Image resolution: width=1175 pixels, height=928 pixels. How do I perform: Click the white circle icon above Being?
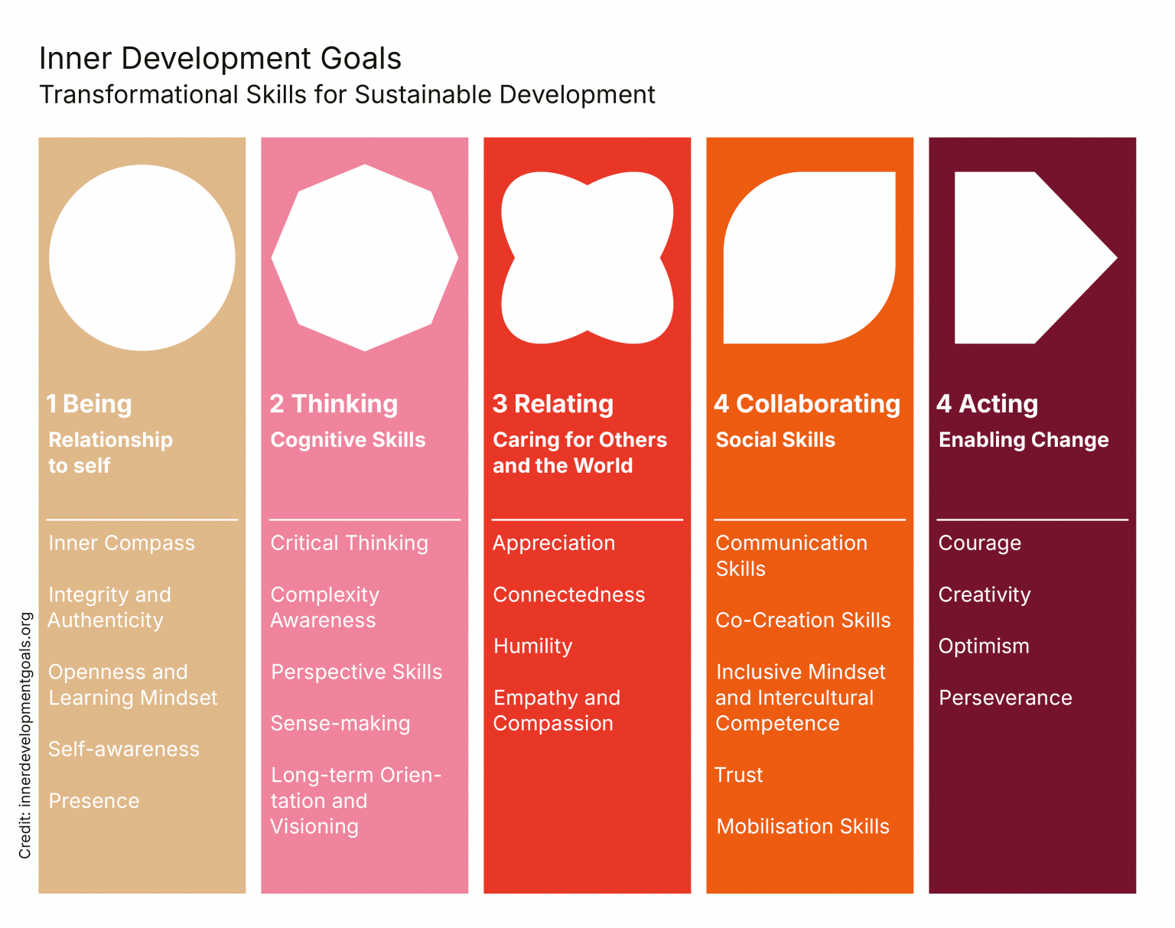[x=142, y=258]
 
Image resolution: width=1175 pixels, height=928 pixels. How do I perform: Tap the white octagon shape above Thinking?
[x=365, y=258]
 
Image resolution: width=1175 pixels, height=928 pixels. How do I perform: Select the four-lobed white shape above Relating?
[x=587, y=258]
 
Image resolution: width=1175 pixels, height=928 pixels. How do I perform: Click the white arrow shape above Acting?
[x=1025, y=258]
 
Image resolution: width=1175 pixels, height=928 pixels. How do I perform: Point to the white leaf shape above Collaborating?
[x=809, y=258]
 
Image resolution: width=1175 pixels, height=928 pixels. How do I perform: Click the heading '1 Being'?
[x=90, y=404]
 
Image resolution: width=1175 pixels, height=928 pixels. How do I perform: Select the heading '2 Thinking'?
[x=334, y=404]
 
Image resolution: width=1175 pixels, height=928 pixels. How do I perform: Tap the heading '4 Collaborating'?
[x=807, y=404]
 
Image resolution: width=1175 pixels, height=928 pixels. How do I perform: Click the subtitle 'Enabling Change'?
[x=1024, y=440]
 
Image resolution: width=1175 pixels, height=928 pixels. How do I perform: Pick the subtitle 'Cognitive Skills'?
[x=348, y=440]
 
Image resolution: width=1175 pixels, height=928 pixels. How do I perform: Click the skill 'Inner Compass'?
[x=122, y=543]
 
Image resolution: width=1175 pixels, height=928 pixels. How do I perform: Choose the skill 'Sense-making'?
[x=340, y=724]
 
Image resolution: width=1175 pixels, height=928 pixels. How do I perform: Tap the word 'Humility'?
[x=533, y=646]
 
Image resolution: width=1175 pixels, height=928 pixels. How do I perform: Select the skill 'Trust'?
[x=739, y=775]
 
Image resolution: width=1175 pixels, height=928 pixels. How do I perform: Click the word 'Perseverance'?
[x=1005, y=698]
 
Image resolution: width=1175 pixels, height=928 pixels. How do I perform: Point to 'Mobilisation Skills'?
[x=803, y=827]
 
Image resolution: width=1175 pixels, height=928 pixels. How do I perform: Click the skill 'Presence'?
[x=94, y=801]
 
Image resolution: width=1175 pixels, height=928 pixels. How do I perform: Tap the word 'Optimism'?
[x=984, y=646]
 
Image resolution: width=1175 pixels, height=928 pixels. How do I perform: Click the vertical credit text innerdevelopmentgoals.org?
[x=25, y=734]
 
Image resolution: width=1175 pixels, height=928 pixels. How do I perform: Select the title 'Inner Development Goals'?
[x=220, y=59]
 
